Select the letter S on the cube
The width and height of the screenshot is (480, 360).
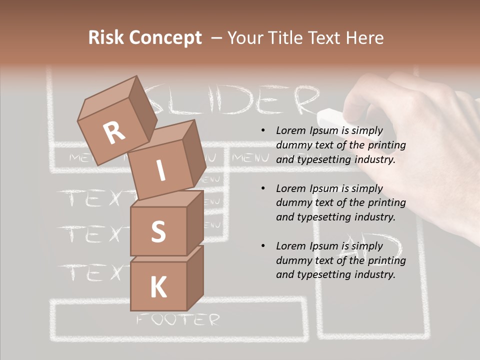pyautogui.click(x=158, y=231)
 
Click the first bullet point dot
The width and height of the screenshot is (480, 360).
pyautogui.click(x=263, y=131)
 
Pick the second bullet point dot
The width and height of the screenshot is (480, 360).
pyautogui.click(x=263, y=188)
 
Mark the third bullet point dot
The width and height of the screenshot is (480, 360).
pyautogui.click(x=263, y=246)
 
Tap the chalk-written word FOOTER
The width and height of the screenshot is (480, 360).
pyautogui.click(x=178, y=319)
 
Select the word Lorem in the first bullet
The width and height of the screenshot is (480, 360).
pyautogui.click(x=289, y=130)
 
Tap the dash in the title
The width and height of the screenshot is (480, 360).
pyautogui.click(x=216, y=37)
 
